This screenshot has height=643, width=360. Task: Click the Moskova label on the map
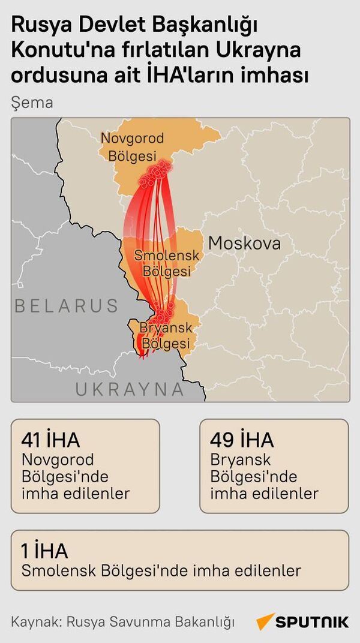[244, 244]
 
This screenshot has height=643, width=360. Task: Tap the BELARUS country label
[66, 306]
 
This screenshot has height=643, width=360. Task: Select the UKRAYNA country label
[129, 389]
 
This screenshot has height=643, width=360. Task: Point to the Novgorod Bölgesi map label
[132, 146]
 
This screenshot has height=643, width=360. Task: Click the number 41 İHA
[50, 440]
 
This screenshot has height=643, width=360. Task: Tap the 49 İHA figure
[242, 440]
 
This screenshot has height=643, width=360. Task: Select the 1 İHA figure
[44, 551]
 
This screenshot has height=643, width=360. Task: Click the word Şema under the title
[32, 103]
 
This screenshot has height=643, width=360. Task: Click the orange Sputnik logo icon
[265, 621]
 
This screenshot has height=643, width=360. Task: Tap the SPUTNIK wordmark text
[313, 621]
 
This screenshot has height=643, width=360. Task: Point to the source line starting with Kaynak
[122, 621]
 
